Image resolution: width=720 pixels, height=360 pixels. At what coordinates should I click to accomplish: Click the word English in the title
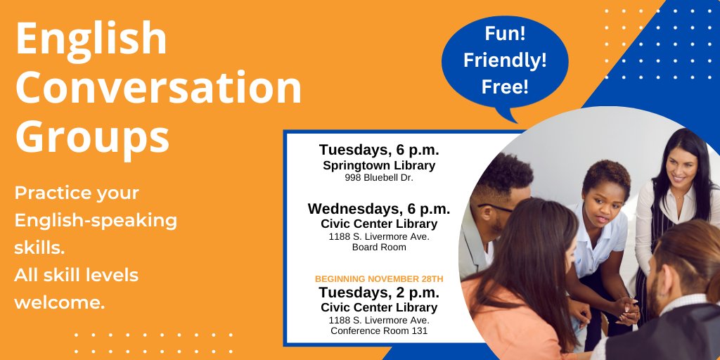(x=91, y=41)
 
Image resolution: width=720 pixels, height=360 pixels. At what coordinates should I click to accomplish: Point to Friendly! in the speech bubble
(x=504, y=61)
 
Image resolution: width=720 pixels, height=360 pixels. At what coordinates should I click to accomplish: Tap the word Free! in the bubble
(x=504, y=86)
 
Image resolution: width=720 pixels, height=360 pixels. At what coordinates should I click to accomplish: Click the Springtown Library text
(x=379, y=166)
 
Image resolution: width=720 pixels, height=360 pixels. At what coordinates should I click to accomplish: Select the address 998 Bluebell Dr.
(x=379, y=178)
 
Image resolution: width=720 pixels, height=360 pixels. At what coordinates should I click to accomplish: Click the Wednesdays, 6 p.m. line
(x=379, y=209)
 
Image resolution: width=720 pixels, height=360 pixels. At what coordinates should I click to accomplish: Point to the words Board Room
(x=379, y=247)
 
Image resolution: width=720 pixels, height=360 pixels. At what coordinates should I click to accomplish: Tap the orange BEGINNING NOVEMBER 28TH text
(x=379, y=279)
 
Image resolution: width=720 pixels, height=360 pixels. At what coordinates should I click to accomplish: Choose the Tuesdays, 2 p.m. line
(x=379, y=292)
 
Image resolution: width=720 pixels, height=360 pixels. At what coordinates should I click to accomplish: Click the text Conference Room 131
(x=379, y=330)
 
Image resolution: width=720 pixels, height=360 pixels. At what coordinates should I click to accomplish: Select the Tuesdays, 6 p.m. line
(x=379, y=150)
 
